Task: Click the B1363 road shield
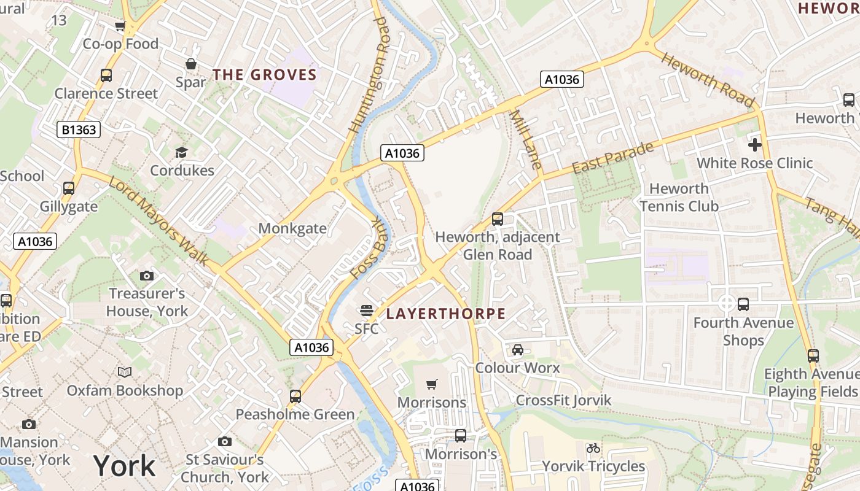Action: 79,130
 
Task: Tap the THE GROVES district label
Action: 264,75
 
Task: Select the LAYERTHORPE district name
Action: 445,314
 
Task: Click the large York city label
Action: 125,466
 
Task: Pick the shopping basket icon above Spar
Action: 191,64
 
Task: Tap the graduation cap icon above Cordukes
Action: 181,152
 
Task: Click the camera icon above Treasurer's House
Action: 147,276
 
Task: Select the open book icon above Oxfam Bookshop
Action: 125,372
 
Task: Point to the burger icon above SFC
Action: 367,311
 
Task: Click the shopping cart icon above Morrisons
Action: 432,384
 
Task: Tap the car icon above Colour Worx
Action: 518,350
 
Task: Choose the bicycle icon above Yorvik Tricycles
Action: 593,448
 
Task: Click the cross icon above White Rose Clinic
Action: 755,145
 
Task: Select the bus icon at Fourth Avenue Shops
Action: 743,304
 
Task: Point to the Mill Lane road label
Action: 526,139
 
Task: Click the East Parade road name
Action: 612,158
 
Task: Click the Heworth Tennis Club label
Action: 679,197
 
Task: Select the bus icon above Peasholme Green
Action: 295,396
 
